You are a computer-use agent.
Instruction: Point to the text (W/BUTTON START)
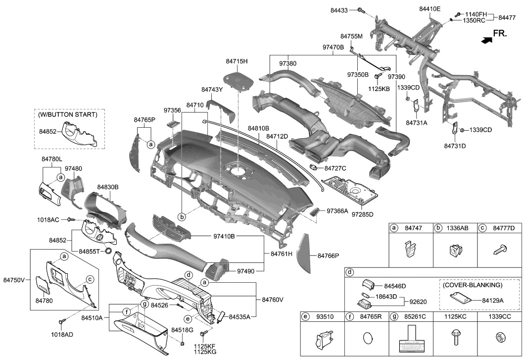click(x=67, y=114)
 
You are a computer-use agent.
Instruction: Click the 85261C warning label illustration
click(x=411, y=339)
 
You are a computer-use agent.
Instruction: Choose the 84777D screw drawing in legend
click(x=497, y=251)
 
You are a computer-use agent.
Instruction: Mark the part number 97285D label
click(x=362, y=214)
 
